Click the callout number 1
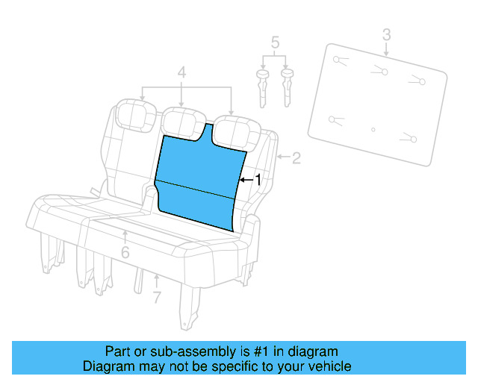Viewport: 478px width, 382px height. [x=258, y=180]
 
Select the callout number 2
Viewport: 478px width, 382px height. [x=296, y=157]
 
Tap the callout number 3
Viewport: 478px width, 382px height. [x=386, y=34]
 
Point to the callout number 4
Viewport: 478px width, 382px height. [x=181, y=72]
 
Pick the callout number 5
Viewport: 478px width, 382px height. [x=275, y=42]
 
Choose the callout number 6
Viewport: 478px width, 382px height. [x=125, y=252]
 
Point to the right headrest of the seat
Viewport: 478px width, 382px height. [x=233, y=129]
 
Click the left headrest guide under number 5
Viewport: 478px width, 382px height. [x=263, y=86]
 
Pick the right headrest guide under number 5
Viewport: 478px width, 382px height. [x=287, y=86]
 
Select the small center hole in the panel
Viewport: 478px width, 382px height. [x=373, y=130]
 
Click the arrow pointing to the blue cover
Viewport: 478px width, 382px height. [x=246, y=180]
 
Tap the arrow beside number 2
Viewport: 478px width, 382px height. [x=282, y=157]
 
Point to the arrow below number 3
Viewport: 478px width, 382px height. [x=386, y=50]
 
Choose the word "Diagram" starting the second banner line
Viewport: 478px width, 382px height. [x=108, y=366]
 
